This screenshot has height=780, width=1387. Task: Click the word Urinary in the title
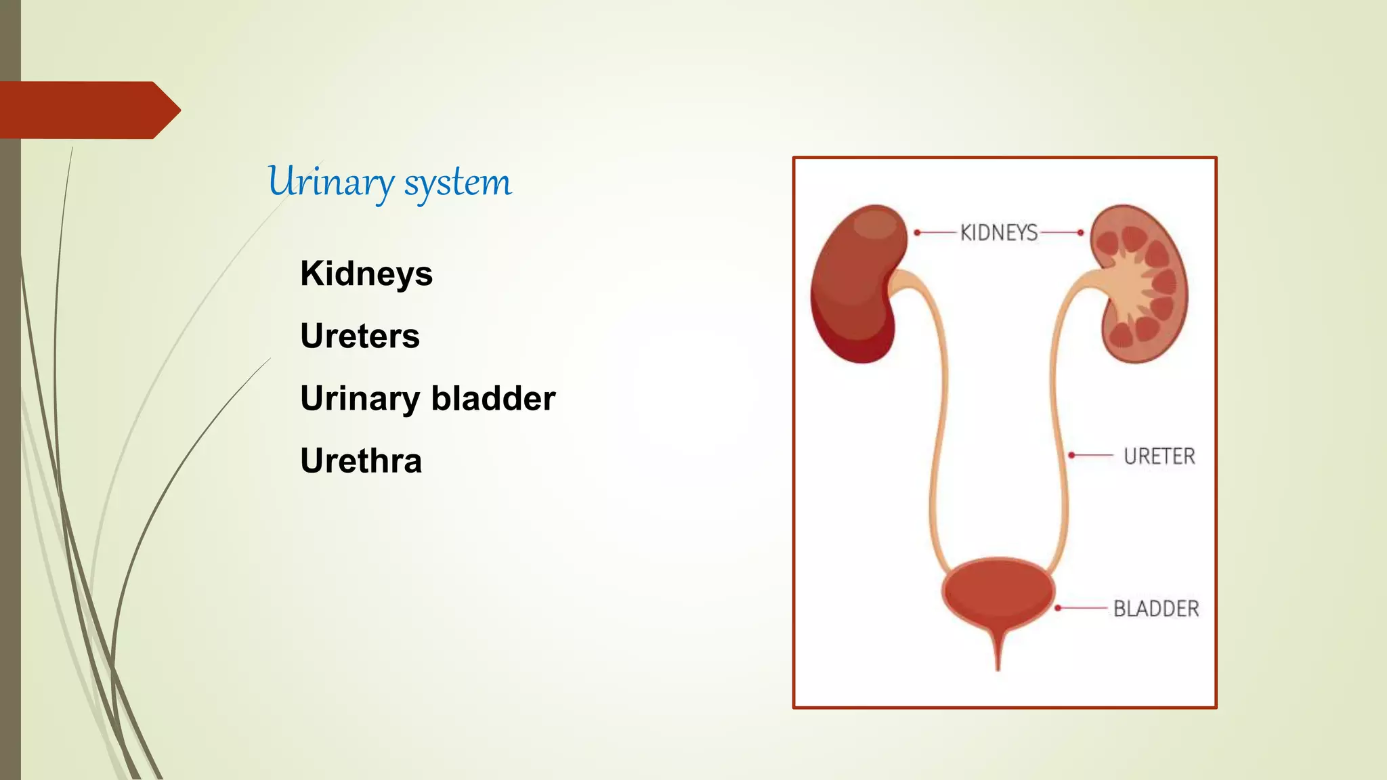point(330,182)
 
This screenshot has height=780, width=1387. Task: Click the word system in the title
point(458,182)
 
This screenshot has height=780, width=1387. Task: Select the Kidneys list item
point(366,274)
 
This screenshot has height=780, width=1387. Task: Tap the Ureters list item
point(360,337)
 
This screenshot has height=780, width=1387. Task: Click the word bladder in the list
point(493,399)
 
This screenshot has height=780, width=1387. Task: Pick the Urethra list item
point(361,461)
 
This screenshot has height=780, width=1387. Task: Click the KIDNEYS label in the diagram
point(999,233)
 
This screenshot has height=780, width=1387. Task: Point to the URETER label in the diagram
point(1159,456)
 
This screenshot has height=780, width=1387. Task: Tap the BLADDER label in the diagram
point(1156,609)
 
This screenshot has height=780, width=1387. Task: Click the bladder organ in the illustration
point(997,592)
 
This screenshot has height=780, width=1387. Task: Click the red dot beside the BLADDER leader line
point(1058,608)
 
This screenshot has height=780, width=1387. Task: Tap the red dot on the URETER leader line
point(1071,455)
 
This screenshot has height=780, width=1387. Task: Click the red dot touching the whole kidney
point(917,232)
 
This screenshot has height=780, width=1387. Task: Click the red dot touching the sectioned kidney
point(1081,232)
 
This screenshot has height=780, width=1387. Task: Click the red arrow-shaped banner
point(88,110)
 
